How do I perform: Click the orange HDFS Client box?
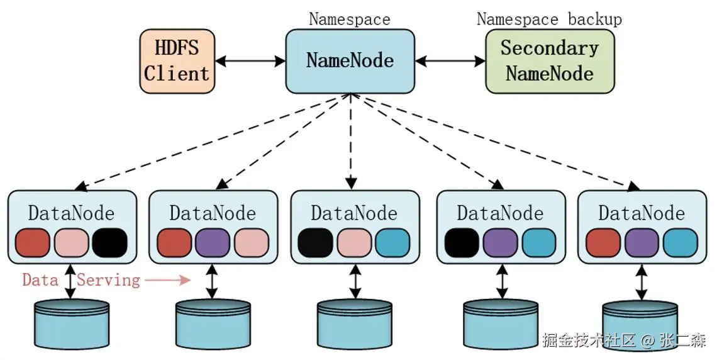point(177,60)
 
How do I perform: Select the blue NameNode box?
point(350,60)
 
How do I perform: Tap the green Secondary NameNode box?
point(549,61)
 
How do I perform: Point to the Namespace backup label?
point(548,19)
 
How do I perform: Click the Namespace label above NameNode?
point(349,19)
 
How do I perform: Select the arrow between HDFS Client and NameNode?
point(250,61)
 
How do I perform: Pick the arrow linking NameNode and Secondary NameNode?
point(450,61)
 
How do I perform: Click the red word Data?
point(40,279)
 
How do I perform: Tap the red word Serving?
point(108,279)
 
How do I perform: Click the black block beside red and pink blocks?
point(109,243)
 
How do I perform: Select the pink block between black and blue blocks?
point(354,243)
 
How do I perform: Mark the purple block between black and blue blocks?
point(501,243)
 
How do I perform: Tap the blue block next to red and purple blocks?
point(680,243)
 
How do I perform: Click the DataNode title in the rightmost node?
point(641,213)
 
